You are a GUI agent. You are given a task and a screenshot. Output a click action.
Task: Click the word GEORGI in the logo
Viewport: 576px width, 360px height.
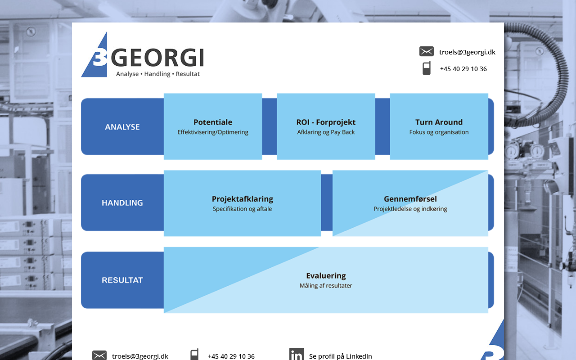coord(157,58)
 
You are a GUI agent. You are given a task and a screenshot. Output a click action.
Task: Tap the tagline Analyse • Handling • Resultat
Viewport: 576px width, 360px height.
coord(157,74)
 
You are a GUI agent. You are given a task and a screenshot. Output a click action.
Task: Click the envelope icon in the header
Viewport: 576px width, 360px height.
coord(426,51)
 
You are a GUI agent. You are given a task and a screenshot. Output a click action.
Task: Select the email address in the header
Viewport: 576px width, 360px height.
coord(467,52)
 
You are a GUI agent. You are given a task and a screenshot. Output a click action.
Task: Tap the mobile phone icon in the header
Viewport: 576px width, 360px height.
coord(426,68)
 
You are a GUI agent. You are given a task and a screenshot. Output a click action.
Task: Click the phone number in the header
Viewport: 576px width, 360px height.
coord(463,69)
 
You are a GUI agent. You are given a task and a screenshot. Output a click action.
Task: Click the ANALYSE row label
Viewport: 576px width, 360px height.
coord(122,127)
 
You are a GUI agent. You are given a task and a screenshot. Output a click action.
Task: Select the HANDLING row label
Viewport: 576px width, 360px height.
coord(122,203)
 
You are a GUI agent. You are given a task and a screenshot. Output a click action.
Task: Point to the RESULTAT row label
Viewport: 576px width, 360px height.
coord(122,280)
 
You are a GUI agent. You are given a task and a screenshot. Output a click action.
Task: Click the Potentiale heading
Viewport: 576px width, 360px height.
coord(213,122)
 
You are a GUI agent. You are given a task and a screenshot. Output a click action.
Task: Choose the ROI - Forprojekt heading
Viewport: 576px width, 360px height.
coord(326,122)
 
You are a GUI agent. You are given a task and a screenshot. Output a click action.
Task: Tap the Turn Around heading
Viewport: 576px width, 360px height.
coord(439,122)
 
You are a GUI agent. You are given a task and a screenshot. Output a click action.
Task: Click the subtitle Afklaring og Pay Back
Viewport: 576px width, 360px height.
coord(326,132)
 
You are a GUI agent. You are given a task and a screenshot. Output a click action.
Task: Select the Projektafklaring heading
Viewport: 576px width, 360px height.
coord(242,199)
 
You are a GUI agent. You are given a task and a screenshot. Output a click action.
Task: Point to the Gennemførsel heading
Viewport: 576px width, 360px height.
coord(410,199)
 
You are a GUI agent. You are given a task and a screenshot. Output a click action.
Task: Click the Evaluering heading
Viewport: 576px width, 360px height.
coord(326,276)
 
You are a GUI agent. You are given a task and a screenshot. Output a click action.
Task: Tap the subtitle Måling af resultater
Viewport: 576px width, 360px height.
coord(326,286)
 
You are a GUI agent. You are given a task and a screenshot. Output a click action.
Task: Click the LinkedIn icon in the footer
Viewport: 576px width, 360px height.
coord(296,354)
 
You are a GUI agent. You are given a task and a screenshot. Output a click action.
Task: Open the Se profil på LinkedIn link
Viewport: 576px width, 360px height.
coord(340,356)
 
